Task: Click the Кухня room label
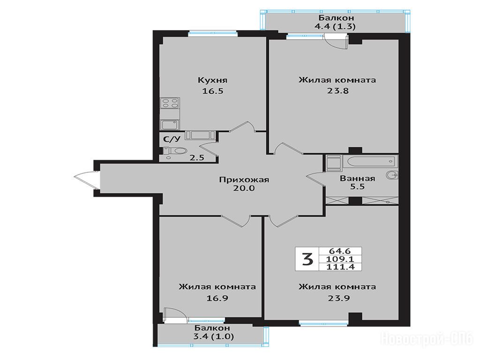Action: pyautogui.click(x=212, y=80)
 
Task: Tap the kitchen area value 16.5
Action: pyautogui.click(x=213, y=91)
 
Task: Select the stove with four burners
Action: pyautogui.click(x=170, y=103)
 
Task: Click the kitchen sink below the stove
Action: pyautogui.click(x=170, y=125)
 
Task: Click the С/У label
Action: pyautogui.click(x=172, y=139)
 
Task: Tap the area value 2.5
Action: pyautogui.click(x=196, y=158)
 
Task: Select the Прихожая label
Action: pyautogui.click(x=244, y=180)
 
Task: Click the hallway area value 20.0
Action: pyautogui.click(x=244, y=188)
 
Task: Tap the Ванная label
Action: pyautogui.click(x=357, y=178)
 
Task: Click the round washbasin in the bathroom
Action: pyautogui.click(x=392, y=175)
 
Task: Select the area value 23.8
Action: pyautogui.click(x=338, y=91)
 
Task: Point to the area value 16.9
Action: pyautogui.click(x=217, y=298)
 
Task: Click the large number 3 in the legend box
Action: pyautogui.click(x=307, y=259)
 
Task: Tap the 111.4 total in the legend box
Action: pyautogui.click(x=340, y=267)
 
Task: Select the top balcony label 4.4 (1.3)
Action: pyautogui.click(x=335, y=27)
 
